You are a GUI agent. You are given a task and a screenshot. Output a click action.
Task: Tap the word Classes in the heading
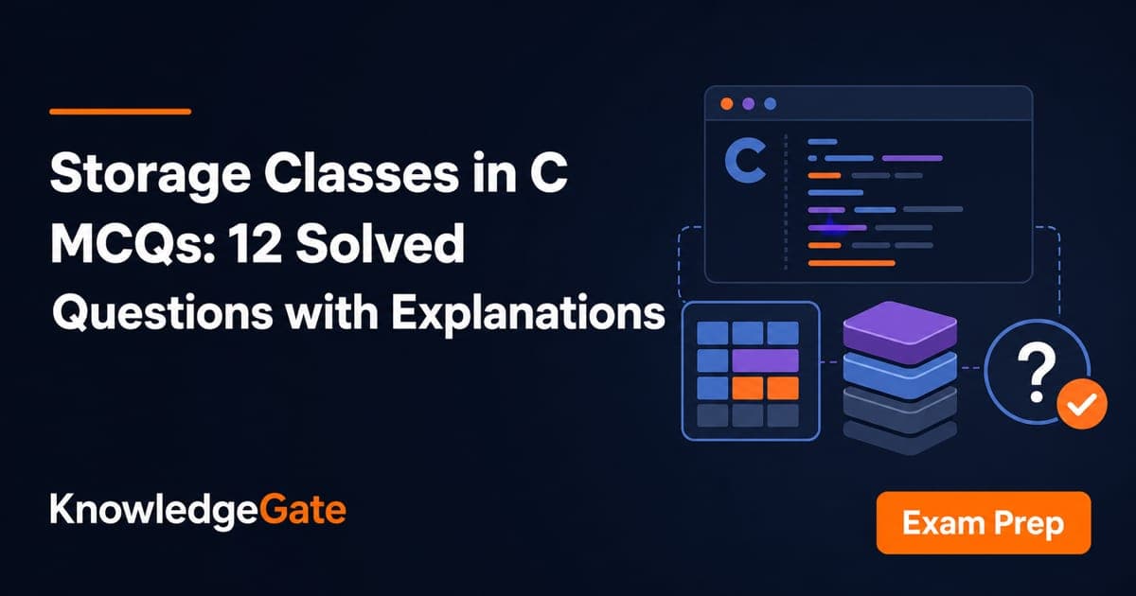(x=361, y=173)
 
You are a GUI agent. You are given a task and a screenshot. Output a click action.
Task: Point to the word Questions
(x=162, y=313)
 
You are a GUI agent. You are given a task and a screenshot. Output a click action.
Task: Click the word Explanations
(x=528, y=313)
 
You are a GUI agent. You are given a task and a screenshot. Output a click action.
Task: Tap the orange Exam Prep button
(x=984, y=522)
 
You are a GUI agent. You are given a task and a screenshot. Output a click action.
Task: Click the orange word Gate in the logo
(x=302, y=509)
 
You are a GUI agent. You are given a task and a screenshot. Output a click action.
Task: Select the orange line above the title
(x=120, y=112)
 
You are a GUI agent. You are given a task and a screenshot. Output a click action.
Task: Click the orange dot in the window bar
(x=727, y=104)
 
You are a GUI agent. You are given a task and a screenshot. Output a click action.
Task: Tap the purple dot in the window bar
(x=749, y=104)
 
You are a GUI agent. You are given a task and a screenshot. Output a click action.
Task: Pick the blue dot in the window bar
(x=771, y=104)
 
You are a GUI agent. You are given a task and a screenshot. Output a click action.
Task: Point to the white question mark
(x=1037, y=373)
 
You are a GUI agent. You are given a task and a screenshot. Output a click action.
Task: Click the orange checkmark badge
(x=1082, y=404)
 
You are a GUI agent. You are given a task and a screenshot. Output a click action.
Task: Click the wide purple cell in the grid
(x=765, y=360)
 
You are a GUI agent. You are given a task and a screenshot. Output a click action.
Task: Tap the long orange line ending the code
(x=851, y=263)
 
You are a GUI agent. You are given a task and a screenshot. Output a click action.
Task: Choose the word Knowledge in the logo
(x=153, y=511)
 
